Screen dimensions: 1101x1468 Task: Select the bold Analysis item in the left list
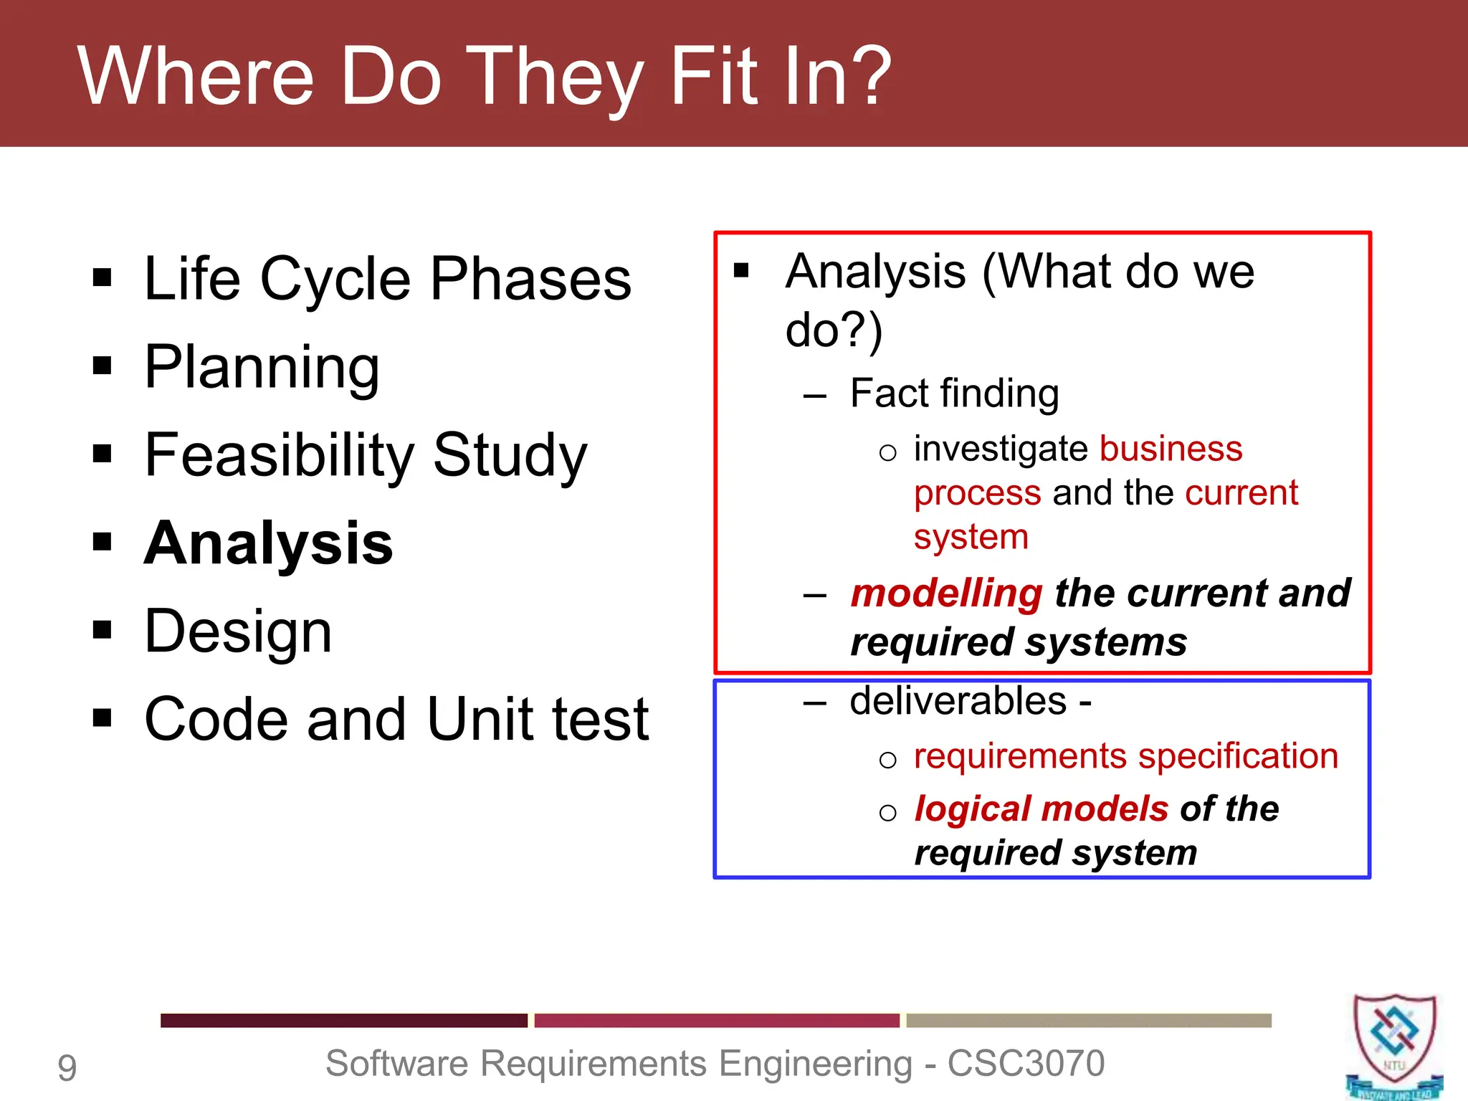point(269,543)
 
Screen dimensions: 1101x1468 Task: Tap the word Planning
point(262,367)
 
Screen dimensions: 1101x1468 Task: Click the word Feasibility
point(280,455)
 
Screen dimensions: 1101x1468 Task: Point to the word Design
point(238,631)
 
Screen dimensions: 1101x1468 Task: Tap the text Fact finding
point(954,394)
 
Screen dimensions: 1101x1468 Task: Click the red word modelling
point(946,594)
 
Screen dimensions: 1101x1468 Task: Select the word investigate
point(1001,449)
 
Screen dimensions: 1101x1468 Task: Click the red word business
point(1171,449)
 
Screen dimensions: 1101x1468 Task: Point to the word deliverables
point(958,701)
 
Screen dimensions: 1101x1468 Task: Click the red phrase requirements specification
point(1126,756)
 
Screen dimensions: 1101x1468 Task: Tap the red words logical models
point(1042,809)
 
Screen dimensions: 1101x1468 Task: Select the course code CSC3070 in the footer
point(1026,1064)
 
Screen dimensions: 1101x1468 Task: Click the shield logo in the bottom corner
point(1393,1043)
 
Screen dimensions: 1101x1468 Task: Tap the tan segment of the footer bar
point(1088,1020)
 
